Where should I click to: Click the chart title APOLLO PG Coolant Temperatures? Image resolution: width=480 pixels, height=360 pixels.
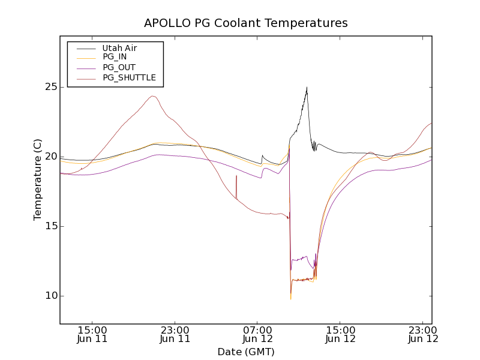click(x=246, y=23)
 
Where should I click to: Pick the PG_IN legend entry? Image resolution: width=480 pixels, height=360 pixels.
click(x=115, y=57)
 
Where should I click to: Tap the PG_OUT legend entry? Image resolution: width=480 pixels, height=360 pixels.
click(x=119, y=67)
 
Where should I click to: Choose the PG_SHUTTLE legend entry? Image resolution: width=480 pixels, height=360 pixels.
click(x=129, y=77)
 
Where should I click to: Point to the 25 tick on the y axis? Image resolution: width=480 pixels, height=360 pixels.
click(x=50, y=87)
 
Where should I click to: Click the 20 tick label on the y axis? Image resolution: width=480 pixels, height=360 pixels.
click(x=50, y=157)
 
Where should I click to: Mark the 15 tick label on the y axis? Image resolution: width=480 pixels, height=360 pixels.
click(x=50, y=226)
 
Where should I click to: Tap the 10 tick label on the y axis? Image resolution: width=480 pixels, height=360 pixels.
click(x=50, y=296)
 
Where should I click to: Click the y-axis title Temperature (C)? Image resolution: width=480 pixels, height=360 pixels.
click(x=38, y=179)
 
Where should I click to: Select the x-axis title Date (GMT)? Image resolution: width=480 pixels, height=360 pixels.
click(x=246, y=351)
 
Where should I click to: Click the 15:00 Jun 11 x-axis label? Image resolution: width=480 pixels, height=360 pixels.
click(x=92, y=334)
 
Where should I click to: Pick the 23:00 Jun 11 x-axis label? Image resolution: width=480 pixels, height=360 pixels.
click(x=175, y=334)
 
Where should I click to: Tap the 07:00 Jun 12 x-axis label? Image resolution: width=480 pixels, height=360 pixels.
click(x=257, y=334)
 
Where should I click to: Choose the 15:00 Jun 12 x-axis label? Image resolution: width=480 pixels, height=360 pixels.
click(x=340, y=334)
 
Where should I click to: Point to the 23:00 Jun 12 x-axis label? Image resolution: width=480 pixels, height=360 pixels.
click(x=422, y=334)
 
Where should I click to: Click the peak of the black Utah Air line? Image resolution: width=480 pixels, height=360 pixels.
click(x=307, y=88)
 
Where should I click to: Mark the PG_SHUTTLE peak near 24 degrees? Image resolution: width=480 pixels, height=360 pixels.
click(x=153, y=96)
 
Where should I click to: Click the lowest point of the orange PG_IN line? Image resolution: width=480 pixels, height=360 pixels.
click(x=290, y=298)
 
